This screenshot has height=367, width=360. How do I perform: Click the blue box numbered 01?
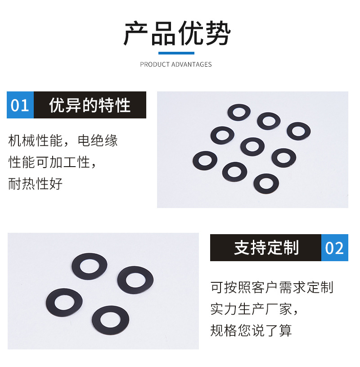[20, 105]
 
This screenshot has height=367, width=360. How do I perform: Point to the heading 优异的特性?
[90, 105]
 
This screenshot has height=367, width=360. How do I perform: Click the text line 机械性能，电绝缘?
[63, 140]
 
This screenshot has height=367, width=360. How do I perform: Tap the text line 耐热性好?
[36, 184]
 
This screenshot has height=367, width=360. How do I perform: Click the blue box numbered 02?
[334, 248]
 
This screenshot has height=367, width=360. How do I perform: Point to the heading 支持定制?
[266, 248]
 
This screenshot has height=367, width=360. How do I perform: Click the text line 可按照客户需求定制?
[272, 287]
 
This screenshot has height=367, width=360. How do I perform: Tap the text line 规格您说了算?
[251, 331]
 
